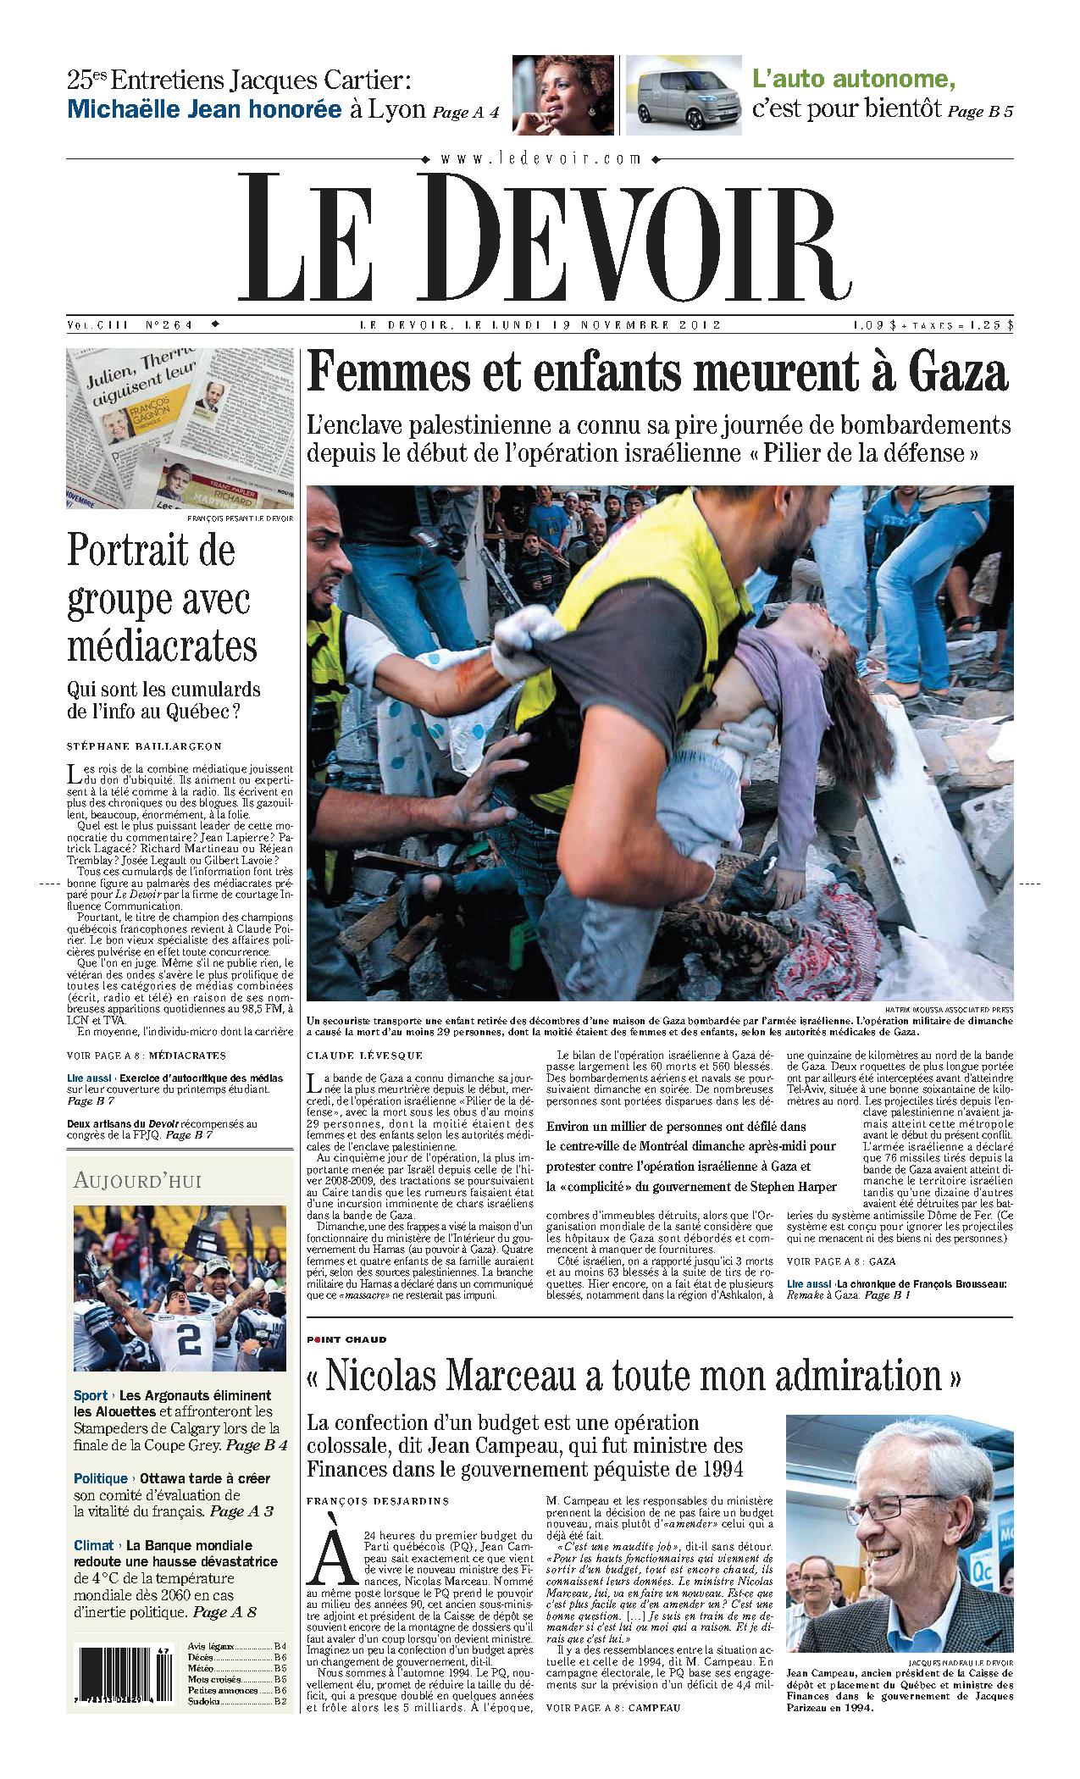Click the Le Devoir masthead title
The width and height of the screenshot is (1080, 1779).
[543, 237]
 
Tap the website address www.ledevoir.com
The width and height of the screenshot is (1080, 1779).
[540, 158]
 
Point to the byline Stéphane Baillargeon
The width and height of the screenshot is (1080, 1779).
[143, 746]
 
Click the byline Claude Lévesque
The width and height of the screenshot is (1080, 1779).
[364, 1056]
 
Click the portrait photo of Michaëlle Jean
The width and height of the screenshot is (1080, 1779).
[562, 94]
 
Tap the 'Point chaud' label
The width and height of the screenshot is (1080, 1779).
[347, 1340]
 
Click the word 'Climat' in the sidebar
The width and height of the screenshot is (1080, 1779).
[92, 1546]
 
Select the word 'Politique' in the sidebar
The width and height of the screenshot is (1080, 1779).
[100, 1478]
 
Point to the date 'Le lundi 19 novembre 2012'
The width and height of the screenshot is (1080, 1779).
[539, 324]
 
